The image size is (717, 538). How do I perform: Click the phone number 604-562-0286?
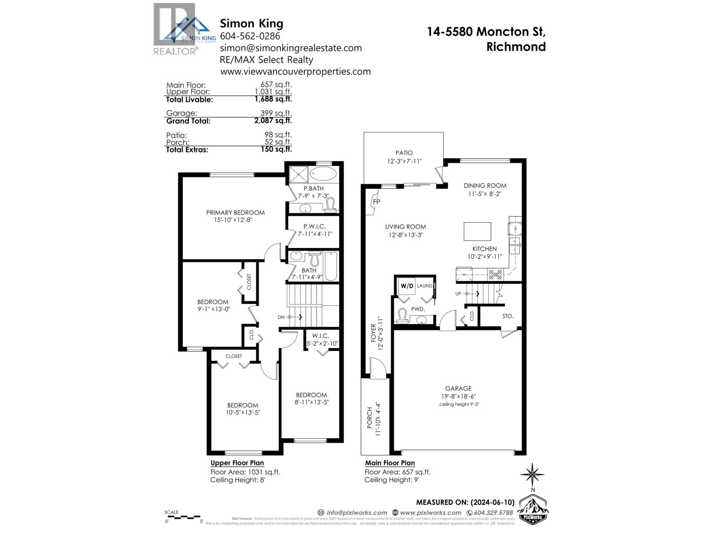coord(250,36)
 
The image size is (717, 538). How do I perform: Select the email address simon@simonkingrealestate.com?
coord(291,48)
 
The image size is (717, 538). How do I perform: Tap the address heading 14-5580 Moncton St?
coord(486,32)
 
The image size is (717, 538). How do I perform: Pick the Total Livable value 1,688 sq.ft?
coord(273,99)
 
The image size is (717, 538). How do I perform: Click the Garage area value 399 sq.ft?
coord(276,113)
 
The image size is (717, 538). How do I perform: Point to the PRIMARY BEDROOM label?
coord(235,213)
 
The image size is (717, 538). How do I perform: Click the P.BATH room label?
coord(313,188)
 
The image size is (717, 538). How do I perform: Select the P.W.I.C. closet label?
coord(315,226)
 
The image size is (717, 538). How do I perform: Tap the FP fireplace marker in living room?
coord(376,202)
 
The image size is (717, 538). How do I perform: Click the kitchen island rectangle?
coord(477,231)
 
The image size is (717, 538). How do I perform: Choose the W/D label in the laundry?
coord(407,286)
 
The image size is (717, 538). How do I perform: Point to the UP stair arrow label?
coord(458,294)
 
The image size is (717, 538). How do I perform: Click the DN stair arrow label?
coord(281,317)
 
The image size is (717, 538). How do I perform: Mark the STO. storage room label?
coord(508,316)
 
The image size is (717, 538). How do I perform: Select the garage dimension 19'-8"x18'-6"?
coord(458,396)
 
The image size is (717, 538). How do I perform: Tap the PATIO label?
coord(404,153)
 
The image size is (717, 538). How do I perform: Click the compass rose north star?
coord(532,474)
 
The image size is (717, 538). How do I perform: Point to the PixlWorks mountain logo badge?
coord(533,511)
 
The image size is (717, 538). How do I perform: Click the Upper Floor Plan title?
coord(237,463)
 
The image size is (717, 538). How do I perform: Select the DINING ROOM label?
coord(485,185)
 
